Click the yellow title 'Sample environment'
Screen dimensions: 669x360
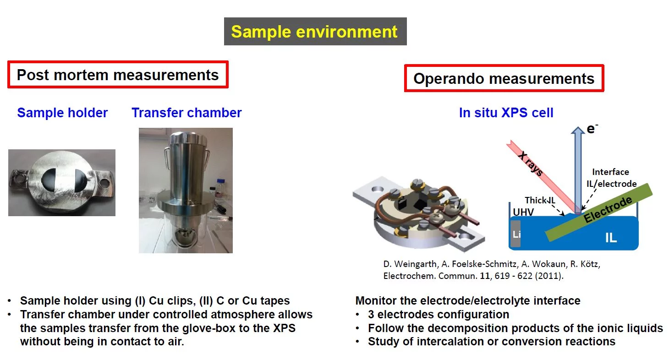point(314,32)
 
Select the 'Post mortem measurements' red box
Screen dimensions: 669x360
point(118,75)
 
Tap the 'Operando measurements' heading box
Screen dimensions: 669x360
point(504,78)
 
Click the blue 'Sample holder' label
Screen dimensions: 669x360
point(62,113)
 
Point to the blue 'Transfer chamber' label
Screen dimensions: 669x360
point(186,113)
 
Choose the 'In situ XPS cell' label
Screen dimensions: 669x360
point(506,113)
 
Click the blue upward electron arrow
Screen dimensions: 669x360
point(578,169)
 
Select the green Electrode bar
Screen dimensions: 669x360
point(599,212)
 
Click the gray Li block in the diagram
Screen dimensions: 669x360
point(515,234)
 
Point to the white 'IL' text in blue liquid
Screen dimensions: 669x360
point(611,238)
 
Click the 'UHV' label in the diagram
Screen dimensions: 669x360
point(523,212)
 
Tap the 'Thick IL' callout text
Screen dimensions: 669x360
point(540,200)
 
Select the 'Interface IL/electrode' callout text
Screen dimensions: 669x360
point(611,178)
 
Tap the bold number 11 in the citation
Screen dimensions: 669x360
point(485,276)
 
